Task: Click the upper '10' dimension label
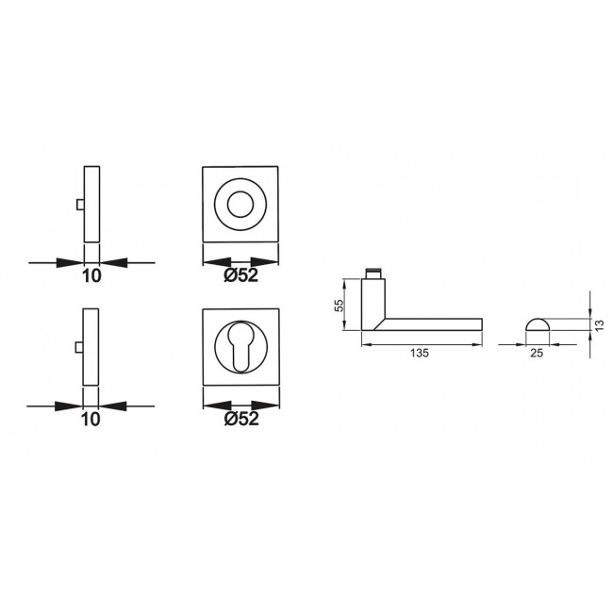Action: tap(91, 275)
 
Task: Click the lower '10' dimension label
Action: tap(91, 420)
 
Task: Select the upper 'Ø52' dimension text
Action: tap(241, 275)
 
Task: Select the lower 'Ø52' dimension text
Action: tap(241, 420)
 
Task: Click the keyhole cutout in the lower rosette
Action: tap(242, 347)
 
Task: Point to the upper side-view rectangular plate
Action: tap(91, 203)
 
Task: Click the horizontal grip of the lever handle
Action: tap(434, 324)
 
